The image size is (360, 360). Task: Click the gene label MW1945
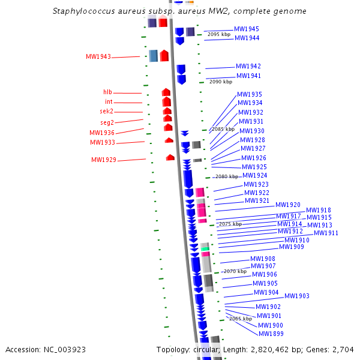point(247,29)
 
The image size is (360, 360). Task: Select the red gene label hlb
point(107,92)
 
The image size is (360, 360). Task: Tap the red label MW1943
point(98,57)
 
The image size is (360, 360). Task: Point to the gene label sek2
point(106,112)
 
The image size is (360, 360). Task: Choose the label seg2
point(107,122)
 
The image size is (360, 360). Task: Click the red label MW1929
point(103,160)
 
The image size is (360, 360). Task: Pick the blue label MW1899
point(271,334)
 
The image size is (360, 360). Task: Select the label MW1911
point(326,233)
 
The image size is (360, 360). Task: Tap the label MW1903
point(297,296)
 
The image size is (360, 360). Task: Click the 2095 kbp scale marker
point(218,35)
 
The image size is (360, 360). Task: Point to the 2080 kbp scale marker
point(226,176)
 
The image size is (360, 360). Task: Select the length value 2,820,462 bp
point(277,349)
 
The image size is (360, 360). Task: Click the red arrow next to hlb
point(166,92)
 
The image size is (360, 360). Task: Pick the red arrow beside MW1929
point(170,157)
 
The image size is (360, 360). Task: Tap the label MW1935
point(249,95)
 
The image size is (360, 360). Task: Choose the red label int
point(109,102)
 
